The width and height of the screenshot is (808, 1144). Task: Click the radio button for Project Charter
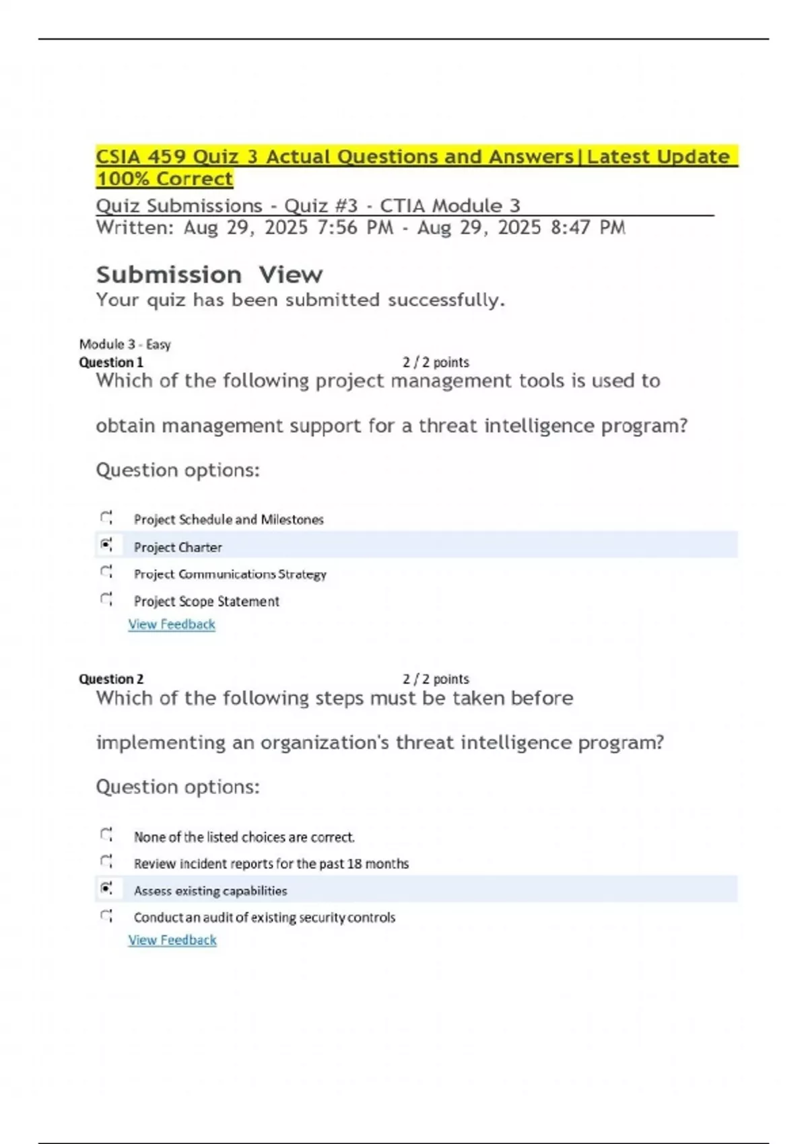106,544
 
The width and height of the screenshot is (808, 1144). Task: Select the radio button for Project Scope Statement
106,599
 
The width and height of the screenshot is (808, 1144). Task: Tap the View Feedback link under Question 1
172,624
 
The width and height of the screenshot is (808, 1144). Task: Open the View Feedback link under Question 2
172,940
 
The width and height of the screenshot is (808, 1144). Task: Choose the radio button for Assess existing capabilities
106,889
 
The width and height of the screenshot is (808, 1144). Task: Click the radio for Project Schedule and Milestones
106,517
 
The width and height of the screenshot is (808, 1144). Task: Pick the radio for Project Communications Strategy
106,572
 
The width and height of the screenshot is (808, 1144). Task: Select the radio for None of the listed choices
106,835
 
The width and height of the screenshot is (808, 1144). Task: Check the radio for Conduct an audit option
106,916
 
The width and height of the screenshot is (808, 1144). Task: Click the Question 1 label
111,363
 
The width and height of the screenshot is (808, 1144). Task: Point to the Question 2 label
111,679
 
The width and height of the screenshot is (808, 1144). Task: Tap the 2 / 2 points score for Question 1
436,363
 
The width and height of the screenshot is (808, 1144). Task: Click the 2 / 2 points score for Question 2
436,679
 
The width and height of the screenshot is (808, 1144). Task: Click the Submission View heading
209,275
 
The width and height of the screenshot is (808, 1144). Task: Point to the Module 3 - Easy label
125,345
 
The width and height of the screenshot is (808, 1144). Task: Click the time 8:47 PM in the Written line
588,228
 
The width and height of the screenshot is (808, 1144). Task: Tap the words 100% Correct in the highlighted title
164,179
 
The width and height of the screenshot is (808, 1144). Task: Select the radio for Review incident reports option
106,861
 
